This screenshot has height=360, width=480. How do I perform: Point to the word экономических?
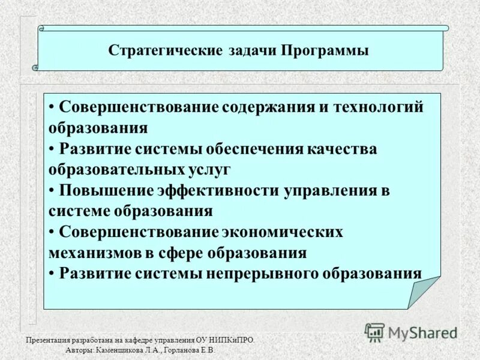click(283, 232)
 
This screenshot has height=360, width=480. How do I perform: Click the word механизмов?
click(95, 253)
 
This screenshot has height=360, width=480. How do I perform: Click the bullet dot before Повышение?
click(53, 190)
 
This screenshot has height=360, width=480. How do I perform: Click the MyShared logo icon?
click(375, 331)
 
